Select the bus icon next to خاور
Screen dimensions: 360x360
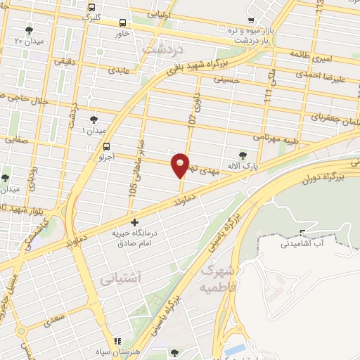click(x=123, y=22)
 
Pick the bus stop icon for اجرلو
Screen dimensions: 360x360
click(x=106, y=147)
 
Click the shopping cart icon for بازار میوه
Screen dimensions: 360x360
click(x=251, y=20)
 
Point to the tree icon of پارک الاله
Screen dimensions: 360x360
click(x=243, y=155)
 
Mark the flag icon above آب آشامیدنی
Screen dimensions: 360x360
click(x=303, y=233)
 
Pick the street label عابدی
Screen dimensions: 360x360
click(x=117, y=71)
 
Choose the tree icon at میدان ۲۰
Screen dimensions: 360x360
click(x=29, y=30)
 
